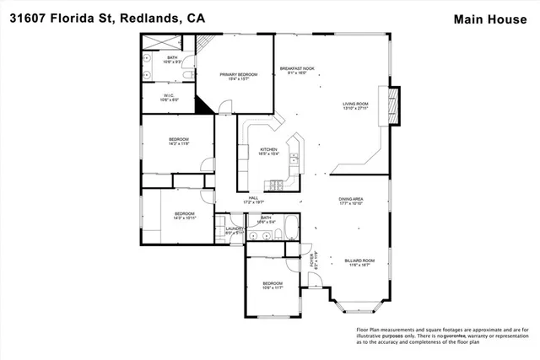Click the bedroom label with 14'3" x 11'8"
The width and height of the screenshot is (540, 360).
(178, 142)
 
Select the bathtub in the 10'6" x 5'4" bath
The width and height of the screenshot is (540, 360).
(286, 227)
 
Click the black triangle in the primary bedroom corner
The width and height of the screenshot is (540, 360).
(202, 103)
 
